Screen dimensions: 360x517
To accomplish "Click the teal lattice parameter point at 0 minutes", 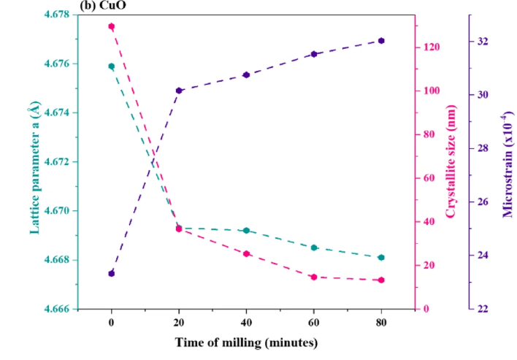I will tap(111, 66).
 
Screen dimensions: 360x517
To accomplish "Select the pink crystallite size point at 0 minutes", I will tap(111, 26).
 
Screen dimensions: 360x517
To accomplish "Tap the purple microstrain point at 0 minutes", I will tap(111, 273).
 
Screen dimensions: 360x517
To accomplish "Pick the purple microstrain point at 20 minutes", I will tap(179, 91).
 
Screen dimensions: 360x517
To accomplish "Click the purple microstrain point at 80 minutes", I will tap(381, 41).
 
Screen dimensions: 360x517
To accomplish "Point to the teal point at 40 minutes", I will tap(246, 231).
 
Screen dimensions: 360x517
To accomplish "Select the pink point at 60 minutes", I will tap(314, 277).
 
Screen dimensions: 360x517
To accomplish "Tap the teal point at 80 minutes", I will tap(381, 258).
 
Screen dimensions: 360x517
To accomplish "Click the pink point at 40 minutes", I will tap(246, 253).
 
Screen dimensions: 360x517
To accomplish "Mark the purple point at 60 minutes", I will tap(314, 54).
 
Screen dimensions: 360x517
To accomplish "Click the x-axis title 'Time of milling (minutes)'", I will tap(245, 342).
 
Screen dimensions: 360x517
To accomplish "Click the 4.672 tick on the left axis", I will tap(59, 161).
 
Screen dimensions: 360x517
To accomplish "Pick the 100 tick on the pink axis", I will tap(432, 91).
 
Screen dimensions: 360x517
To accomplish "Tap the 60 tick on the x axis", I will tap(314, 322).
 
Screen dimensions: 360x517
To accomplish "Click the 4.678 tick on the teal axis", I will tap(59, 15).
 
